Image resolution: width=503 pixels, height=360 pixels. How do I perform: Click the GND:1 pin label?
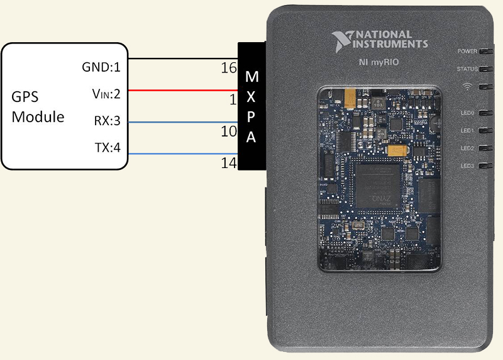101,67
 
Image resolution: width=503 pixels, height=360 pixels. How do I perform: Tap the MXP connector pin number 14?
228,164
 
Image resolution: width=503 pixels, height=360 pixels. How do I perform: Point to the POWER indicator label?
467,51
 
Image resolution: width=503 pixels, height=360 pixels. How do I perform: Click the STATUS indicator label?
467,69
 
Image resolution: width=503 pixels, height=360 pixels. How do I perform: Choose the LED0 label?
468,113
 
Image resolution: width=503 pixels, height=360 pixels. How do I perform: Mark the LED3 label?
468,166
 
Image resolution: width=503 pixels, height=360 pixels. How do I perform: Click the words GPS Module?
38,107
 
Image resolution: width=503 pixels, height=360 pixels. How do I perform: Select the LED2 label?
468,149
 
